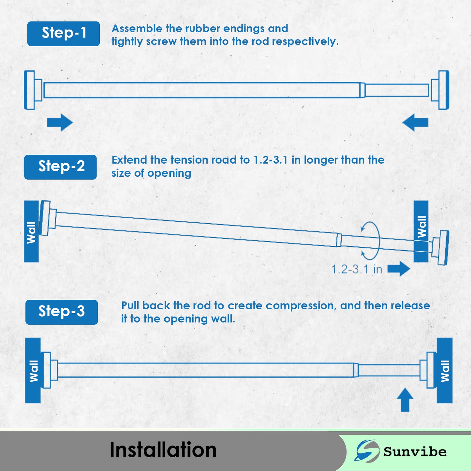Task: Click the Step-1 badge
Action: (x=64, y=34)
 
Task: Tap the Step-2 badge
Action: (x=61, y=167)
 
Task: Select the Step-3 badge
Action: (x=62, y=312)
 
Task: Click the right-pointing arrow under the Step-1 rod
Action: (x=60, y=123)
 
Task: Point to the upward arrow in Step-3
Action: (x=405, y=399)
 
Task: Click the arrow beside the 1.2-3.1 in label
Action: (x=399, y=269)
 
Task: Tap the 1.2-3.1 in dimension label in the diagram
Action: (x=357, y=270)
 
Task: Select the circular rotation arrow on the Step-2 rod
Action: (x=371, y=241)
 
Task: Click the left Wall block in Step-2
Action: (x=31, y=231)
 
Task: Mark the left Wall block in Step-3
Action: (x=33, y=370)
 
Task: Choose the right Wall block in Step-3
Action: (x=445, y=370)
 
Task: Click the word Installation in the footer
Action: (x=163, y=450)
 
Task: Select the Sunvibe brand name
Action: (x=415, y=452)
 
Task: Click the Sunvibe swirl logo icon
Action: (x=367, y=451)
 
